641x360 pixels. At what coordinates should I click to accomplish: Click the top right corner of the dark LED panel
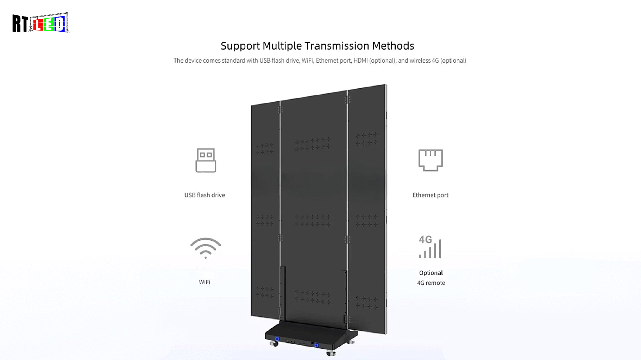coord(386,84)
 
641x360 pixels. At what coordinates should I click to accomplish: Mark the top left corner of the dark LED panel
coord(251,105)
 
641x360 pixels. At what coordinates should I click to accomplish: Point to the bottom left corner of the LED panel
coord(251,316)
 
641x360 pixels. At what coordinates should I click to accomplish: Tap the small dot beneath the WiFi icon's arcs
coord(206,258)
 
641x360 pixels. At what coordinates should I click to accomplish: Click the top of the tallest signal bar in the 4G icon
coord(440,240)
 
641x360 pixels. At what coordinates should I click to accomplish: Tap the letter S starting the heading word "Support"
coord(224,46)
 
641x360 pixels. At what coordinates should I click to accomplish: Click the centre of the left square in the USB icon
coord(202,155)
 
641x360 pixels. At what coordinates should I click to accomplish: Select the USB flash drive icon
coord(206,160)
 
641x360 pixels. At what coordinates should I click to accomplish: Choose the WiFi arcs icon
coord(206,248)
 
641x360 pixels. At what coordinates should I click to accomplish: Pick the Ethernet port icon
coord(431,160)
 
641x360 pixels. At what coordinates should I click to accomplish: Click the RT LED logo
coord(41,23)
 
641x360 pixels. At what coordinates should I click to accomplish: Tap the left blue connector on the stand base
coord(277,339)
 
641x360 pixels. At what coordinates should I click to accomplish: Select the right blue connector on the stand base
coord(316,345)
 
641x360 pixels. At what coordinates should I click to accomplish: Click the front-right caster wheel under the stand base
coord(331,353)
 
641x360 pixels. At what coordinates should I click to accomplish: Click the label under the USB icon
coord(205,195)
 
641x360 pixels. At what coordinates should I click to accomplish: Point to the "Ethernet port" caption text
coord(431,195)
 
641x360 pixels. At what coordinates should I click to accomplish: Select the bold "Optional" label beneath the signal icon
coord(431,273)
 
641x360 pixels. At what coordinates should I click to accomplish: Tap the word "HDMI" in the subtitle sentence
coord(360,61)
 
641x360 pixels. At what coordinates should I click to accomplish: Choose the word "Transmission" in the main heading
coord(337,46)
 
